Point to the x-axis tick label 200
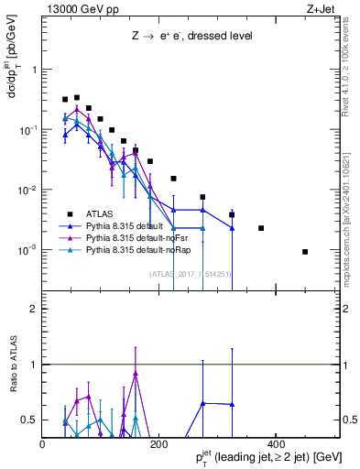pos(158,444)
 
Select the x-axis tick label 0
pos(43,444)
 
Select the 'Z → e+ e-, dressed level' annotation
pos(191,36)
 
